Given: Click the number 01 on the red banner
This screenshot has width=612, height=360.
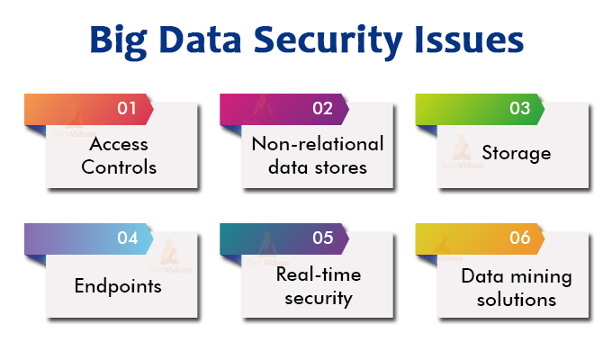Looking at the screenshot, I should tap(127, 109).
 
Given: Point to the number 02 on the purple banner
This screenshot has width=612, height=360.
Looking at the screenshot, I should tap(323, 109).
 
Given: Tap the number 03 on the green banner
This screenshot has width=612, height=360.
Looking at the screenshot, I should tap(519, 109).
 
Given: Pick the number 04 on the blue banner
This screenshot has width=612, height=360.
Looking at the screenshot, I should tap(127, 238).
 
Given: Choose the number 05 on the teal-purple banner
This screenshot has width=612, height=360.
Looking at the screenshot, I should tap(323, 238).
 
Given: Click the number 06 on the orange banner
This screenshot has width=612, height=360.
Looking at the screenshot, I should tap(519, 238).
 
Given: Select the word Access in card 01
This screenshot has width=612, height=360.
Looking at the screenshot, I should tap(119, 144).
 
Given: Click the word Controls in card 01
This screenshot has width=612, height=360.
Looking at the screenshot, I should tap(119, 167).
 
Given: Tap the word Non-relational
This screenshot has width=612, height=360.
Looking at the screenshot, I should tap(317, 144).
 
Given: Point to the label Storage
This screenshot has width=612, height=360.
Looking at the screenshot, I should tap(516, 153).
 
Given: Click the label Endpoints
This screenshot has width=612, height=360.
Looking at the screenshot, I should tap(119, 286).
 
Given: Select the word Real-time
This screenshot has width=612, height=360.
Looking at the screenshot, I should tap(317, 274).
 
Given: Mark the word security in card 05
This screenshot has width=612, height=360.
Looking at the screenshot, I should tap(317, 298).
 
